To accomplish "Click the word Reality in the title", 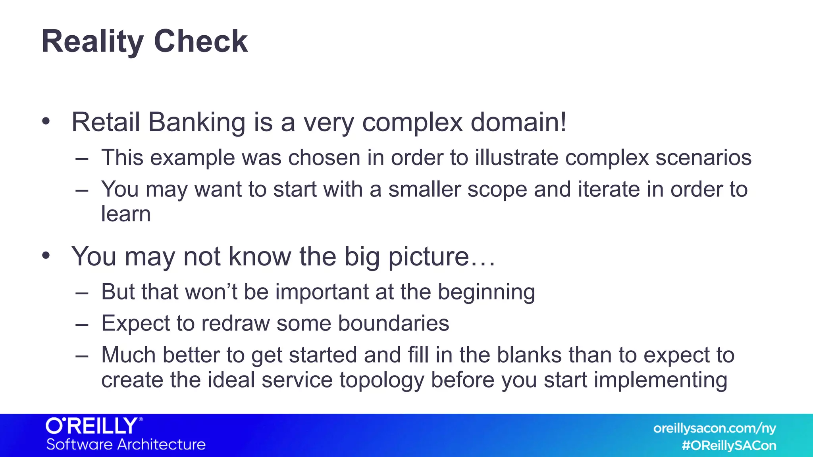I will (x=92, y=42).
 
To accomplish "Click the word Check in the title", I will (x=200, y=41).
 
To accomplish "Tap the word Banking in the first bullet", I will (x=197, y=122).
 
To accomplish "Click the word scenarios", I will (x=703, y=157).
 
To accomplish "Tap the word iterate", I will (x=609, y=189).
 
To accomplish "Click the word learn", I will (x=126, y=214).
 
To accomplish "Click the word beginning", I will (x=486, y=292).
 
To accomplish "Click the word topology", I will (x=382, y=380).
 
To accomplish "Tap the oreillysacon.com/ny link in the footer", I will (x=714, y=428).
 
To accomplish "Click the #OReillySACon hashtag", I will (x=729, y=445).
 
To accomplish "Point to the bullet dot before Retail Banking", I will (x=46, y=121).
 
